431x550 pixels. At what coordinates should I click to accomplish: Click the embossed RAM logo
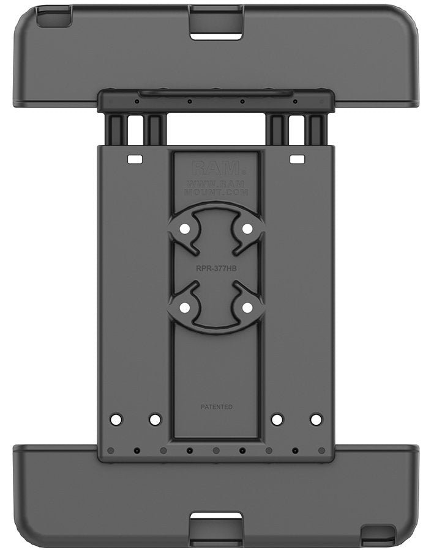[x=215, y=168]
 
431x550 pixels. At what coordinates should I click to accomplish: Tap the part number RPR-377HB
[x=215, y=267]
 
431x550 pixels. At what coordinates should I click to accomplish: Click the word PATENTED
[x=216, y=406]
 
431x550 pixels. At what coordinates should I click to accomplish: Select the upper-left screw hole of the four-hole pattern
[x=184, y=228]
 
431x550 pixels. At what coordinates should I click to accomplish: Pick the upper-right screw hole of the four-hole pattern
[x=247, y=228]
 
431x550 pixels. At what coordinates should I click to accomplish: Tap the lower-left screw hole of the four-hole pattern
[x=184, y=307]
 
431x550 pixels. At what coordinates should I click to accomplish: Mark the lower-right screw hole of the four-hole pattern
[x=247, y=307]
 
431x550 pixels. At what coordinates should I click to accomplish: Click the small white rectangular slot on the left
[x=134, y=159]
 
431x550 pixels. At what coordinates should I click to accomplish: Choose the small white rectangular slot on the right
[x=297, y=159]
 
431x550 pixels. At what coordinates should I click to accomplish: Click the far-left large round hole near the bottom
[x=116, y=420]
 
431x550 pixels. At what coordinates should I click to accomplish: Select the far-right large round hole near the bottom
[x=316, y=420]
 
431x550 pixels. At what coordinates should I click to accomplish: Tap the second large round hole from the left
[x=155, y=420]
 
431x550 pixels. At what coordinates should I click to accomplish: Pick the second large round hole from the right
[x=277, y=420]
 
